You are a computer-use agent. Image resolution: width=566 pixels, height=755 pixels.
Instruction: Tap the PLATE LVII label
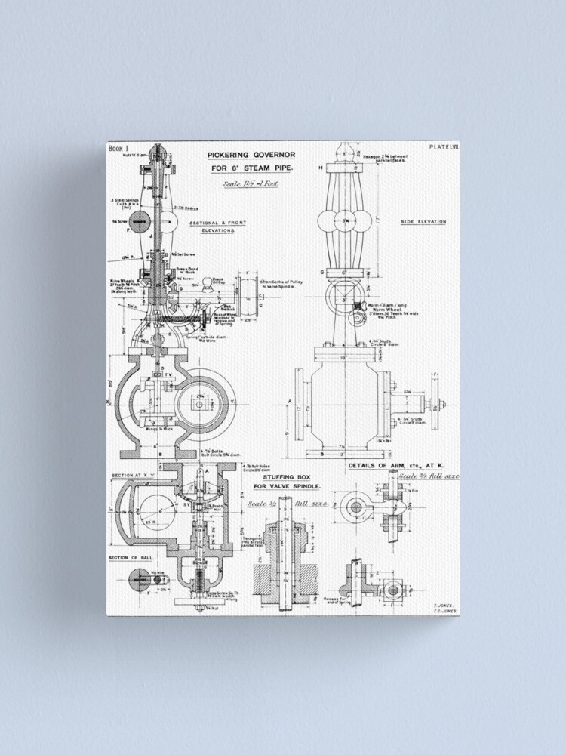tap(443, 147)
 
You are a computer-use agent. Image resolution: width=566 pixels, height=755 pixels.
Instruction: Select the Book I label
tap(118, 149)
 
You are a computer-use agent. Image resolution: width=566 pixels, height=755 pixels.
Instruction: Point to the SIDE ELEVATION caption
tap(423, 222)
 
